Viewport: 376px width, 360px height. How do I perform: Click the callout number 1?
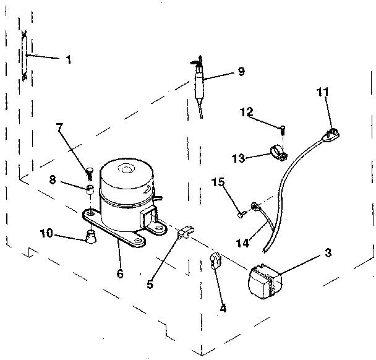68,60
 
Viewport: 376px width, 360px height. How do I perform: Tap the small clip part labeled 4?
215,261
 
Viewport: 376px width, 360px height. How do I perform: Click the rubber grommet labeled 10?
91,236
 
